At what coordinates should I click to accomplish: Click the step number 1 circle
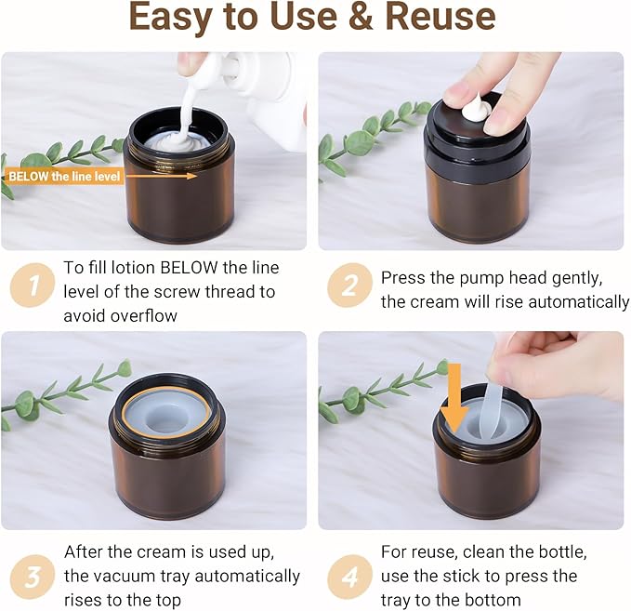32,286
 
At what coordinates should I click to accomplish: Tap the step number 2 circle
349,286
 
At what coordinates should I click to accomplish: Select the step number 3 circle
32,577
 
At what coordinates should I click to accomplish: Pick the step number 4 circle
349,577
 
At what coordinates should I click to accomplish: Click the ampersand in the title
361,17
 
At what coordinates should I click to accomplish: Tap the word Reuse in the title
440,17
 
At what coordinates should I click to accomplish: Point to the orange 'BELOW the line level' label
63,177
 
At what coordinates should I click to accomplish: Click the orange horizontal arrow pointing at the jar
161,176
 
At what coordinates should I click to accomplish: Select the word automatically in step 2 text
578,302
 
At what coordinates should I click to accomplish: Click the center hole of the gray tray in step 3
165,420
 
